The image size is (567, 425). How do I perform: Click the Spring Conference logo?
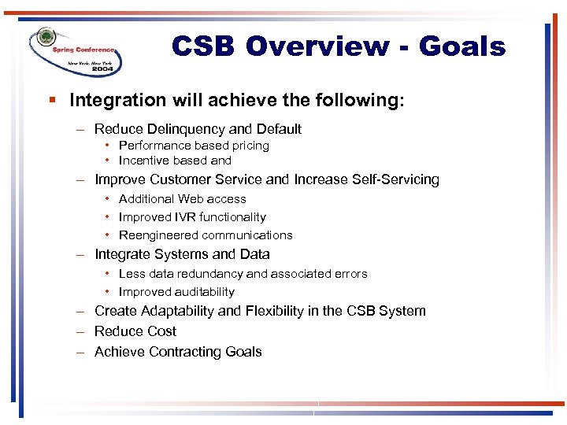(x=75, y=50)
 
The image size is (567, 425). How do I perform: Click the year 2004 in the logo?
(x=103, y=69)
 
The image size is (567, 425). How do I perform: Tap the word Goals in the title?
(x=462, y=46)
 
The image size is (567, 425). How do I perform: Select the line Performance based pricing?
(x=194, y=146)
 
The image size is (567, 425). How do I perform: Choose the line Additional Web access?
(x=182, y=199)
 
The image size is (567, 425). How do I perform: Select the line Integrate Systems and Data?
(x=182, y=254)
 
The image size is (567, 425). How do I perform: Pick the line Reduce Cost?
(x=135, y=331)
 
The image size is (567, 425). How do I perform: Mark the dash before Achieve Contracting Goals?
(x=80, y=352)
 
